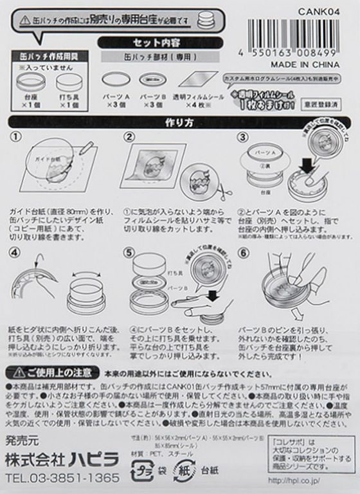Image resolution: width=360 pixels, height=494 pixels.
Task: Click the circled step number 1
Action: click(x=16, y=137)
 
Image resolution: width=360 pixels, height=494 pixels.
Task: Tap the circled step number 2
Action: click(x=129, y=137)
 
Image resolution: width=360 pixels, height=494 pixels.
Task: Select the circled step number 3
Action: click(x=243, y=137)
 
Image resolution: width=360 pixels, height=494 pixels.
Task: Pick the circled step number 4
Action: click(x=16, y=252)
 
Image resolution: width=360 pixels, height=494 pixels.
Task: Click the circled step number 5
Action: click(x=129, y=252)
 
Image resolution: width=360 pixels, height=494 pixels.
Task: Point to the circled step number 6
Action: click(x=243, y=252)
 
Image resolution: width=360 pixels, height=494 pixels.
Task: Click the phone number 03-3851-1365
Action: click(x=62, y=478)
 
